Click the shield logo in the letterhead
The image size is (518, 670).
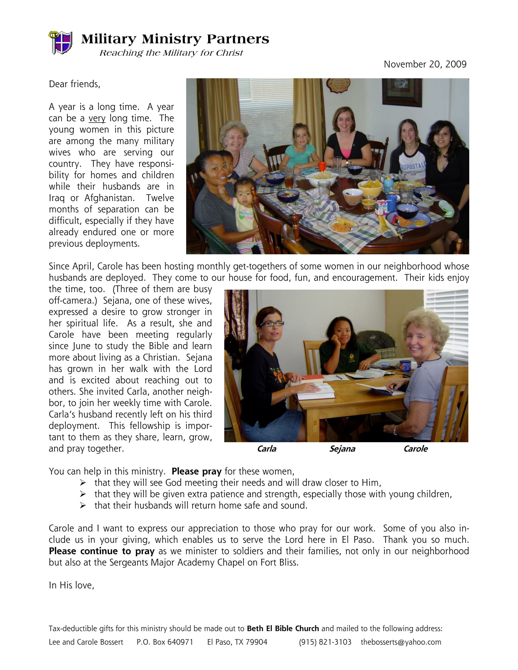click(61, 42)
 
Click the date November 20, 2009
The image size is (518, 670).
click(425, 64)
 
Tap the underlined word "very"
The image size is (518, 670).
click(97, 118)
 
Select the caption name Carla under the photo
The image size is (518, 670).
click(266, 449)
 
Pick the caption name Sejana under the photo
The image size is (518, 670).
click(342, 449)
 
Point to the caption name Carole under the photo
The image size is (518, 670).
click(416, 449)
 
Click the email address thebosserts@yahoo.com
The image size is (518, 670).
click(401, 642)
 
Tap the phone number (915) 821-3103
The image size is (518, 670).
click(325, 642)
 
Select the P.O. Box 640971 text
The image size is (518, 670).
click(165, 642)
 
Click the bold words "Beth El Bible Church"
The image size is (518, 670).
click(283, 629)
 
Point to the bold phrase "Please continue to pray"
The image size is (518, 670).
click(101, 551)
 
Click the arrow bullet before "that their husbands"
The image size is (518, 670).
click(83, 506)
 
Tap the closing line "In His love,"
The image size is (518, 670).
click(72, 585)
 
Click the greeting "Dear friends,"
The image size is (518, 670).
click(75, 84)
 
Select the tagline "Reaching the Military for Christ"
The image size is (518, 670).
click(171, 53)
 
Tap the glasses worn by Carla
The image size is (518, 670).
click(272, 323)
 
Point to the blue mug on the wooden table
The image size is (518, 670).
click(405, 365)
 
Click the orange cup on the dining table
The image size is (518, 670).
click(321, 166)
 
